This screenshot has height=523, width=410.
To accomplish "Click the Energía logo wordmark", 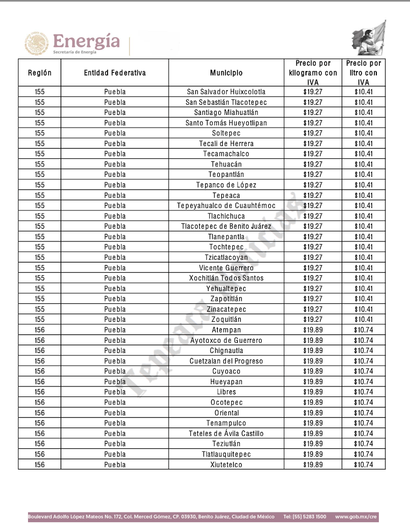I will point(86,42).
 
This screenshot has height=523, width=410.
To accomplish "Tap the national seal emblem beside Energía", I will point(37,43).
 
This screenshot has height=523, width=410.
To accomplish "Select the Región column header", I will point(40,73).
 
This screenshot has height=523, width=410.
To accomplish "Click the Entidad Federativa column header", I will point(115,73).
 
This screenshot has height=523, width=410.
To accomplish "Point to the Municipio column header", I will point(226,73).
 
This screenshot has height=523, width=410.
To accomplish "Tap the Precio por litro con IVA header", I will point(364,73).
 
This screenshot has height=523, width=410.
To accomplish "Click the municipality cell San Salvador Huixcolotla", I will point(226,92).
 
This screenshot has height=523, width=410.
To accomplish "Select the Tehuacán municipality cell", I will point(226,164).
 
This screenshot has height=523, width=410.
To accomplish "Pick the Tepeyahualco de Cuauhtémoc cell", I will point(226,206).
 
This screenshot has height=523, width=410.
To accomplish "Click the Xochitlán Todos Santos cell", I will point(226,278).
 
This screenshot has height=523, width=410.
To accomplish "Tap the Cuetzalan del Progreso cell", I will point(226,361).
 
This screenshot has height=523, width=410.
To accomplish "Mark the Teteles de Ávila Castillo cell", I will point(226,434).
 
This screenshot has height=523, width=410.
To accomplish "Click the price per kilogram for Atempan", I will point(313,330).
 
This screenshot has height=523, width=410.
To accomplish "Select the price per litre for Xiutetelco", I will point(364,465).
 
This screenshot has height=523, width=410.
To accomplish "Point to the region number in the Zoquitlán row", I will point(40,320).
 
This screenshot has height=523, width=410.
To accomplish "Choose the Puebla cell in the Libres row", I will point(115,392).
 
